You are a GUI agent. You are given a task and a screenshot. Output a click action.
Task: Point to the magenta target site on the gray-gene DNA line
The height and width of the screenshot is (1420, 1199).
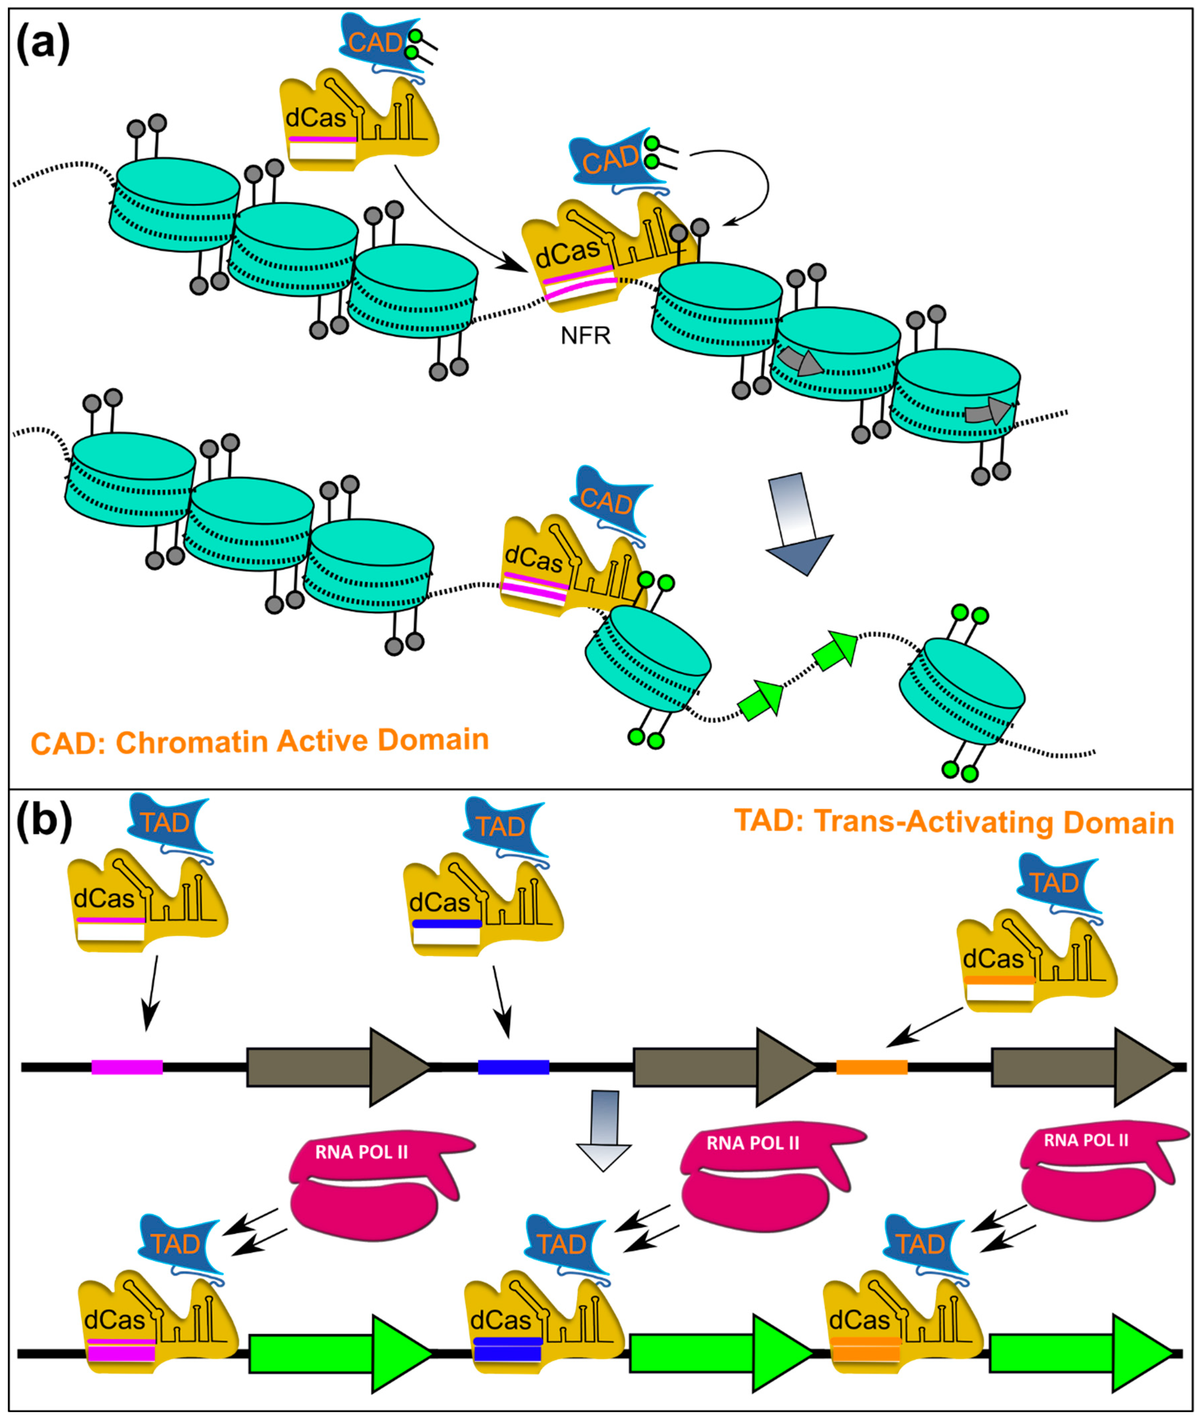127,1067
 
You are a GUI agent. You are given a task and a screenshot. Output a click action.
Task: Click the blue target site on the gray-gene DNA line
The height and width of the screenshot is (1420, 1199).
513,1067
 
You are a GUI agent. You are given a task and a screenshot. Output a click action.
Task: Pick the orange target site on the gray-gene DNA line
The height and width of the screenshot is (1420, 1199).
871,1067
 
